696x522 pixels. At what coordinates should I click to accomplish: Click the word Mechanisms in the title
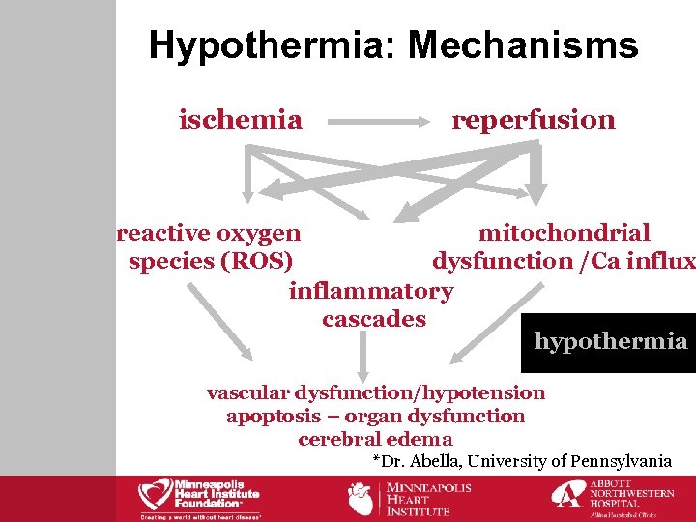tap(523, 45)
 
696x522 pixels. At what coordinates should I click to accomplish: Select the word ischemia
tap(241, 120)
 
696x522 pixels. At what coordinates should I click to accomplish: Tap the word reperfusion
tap(534, 120)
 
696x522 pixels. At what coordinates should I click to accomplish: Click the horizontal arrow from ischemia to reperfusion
tap(377, 123)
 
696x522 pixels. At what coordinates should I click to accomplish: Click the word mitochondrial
tap(565, 233)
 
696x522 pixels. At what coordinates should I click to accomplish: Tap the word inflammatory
tap(370, 291)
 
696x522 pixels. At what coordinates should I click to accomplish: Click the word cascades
tap(373, 319)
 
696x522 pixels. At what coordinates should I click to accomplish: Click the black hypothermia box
tap(609, 342)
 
